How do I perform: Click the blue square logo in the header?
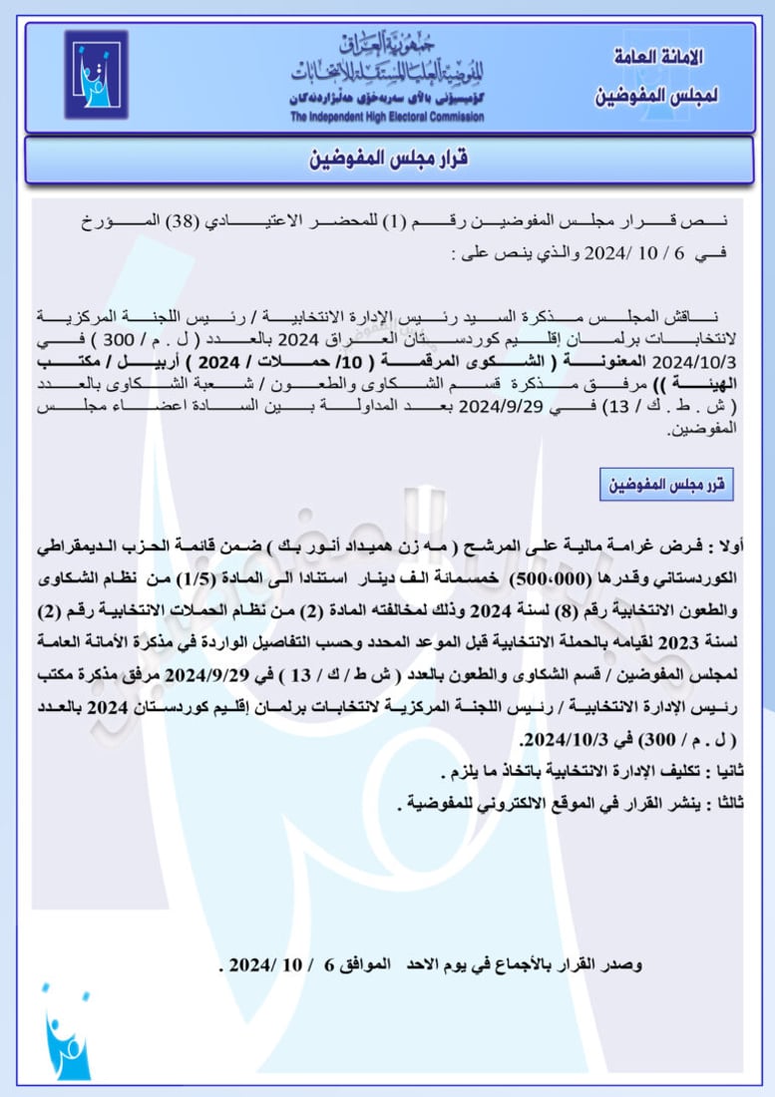[x=96, y=75]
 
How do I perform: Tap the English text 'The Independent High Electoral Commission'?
[x=387, y=117]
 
